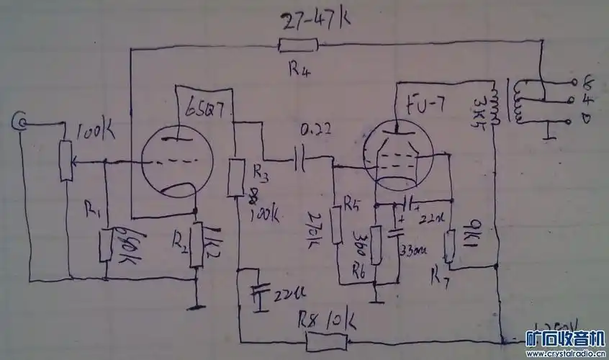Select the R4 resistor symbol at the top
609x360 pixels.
coord(298,47)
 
